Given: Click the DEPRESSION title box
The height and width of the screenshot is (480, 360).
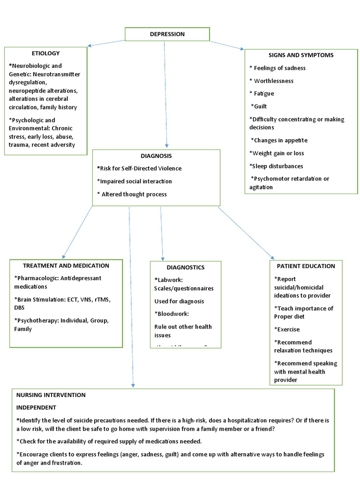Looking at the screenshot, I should (167, 34).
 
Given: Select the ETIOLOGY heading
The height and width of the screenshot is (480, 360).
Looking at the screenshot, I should (45, 53).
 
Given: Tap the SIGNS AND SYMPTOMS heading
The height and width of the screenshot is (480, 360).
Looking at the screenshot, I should (294, 55).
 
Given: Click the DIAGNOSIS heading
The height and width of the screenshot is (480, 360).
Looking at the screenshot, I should (156, 156).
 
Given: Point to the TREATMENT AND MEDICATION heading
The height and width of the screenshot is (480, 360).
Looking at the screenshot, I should (66, 266).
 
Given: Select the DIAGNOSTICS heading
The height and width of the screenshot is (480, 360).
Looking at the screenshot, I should (185, 268).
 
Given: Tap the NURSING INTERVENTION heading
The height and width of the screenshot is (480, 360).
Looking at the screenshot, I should (51, 395).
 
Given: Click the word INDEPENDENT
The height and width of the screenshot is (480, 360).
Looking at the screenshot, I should (36, 407).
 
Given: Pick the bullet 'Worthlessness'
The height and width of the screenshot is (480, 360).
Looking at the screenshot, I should (271, 81).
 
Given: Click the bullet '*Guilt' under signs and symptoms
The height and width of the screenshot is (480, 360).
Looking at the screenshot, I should (259, 106).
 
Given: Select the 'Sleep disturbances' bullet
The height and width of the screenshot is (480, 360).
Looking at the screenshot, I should (276, 166).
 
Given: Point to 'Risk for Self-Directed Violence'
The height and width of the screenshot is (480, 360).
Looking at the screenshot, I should (139, 168).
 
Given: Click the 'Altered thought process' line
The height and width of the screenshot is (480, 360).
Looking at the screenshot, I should (132, 194).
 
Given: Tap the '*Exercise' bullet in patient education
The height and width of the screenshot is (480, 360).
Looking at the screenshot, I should (287, 330).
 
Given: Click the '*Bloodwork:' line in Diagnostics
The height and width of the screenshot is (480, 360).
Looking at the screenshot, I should (171, 314).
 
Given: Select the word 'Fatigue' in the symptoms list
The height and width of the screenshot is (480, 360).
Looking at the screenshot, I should (267, 94).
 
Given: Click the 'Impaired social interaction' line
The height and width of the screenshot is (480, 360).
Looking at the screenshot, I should (135, 181).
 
